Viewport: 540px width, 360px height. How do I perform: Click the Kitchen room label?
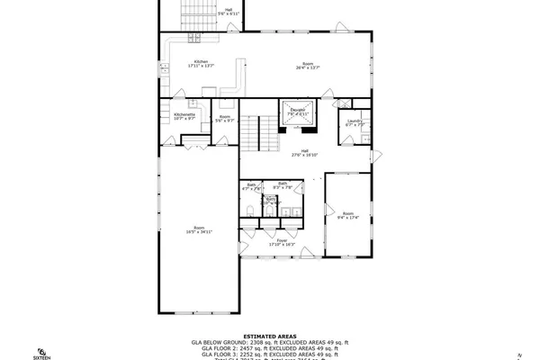click(x=200, y=64)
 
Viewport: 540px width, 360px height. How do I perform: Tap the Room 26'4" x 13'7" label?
click(x=307, y=66)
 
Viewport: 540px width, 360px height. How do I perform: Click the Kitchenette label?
click(x=184, y=116)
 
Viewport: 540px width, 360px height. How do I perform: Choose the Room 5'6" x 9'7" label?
click(x=225, y=118)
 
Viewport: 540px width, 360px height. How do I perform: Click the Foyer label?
click(x=281, y=242)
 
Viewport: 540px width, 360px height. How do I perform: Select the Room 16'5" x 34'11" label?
click(x=199, y=229)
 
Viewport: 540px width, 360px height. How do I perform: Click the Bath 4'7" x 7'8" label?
click(x=252, y=186)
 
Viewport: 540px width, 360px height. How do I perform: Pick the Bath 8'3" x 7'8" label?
click(x=283, y=185)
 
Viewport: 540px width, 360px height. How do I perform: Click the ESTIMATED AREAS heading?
click(x=270, y=335)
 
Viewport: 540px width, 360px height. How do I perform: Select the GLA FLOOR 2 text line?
click(x=270, y=348)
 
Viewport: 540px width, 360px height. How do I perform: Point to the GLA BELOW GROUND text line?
click(x=270, y=342)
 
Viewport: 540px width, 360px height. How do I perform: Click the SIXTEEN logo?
click(x=42, y=352)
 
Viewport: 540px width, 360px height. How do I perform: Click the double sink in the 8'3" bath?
click(x=289, y=212)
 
